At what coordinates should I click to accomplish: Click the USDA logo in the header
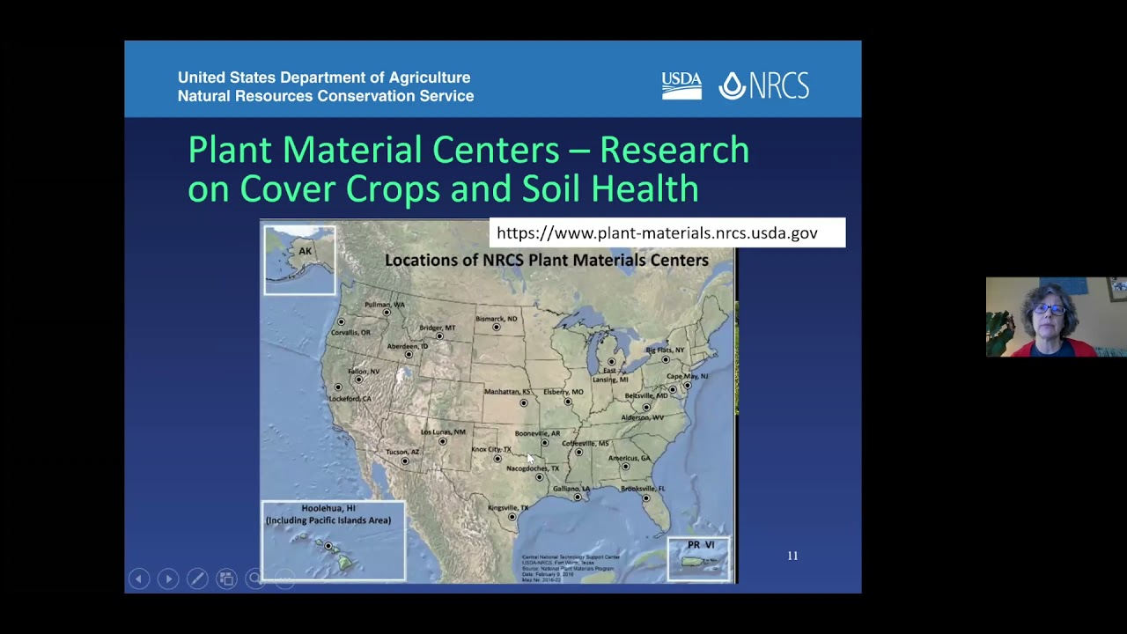point(681,85)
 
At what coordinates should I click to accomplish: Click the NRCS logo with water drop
point(763,85)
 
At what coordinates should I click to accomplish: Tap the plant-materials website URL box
point(667,232)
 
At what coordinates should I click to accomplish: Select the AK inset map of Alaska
point(299,260)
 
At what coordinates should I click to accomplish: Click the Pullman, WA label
point(385,305)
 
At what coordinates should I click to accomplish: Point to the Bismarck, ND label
point(497,319)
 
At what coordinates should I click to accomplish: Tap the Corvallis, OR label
point(350,332)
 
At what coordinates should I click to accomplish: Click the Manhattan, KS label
point(507,391)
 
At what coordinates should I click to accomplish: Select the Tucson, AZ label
point(402,452)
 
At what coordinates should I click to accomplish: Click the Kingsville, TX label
point(508,508)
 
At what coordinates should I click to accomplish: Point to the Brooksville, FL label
point(643,488)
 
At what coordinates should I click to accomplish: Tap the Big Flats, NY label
point(665,350)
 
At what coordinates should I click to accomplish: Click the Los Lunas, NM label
point(443,431)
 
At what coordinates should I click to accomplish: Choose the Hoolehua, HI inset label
point(328,513)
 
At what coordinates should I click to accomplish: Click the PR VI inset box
point(699,559)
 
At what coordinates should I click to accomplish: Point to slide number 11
point(792,556)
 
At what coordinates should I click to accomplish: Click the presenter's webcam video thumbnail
point(1056,317)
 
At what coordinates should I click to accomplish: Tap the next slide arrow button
point(168,579)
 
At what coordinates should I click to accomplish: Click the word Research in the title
point(674,150)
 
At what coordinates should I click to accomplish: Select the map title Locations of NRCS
point(546,260)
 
